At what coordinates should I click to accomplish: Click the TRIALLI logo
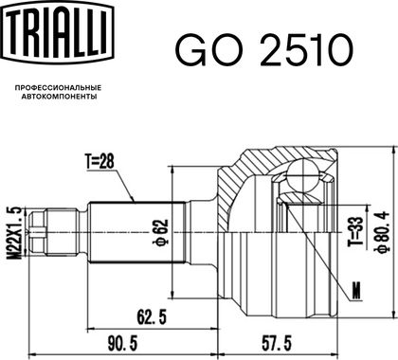point(59,32)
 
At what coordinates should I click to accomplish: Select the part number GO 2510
point(263,50)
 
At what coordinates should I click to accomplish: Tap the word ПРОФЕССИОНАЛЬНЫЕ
point(59,87)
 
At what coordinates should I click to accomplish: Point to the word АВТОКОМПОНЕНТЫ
point(59,97)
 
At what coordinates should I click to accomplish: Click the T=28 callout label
point(99,162)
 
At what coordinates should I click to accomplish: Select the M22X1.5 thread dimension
point(15,232)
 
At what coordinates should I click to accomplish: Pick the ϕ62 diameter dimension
point(161,232)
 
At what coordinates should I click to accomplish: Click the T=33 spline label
point(355,232)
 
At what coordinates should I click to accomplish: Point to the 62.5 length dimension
point(152,317)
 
